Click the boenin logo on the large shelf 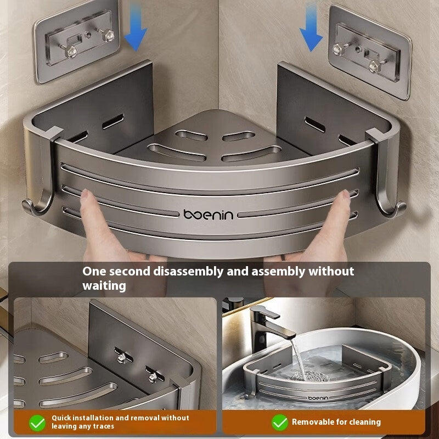click(209, 215)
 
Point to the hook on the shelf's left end click(34, 209)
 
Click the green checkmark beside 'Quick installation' click(37, 423)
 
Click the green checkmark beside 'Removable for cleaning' click(280, 422)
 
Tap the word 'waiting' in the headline click(104, 286)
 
